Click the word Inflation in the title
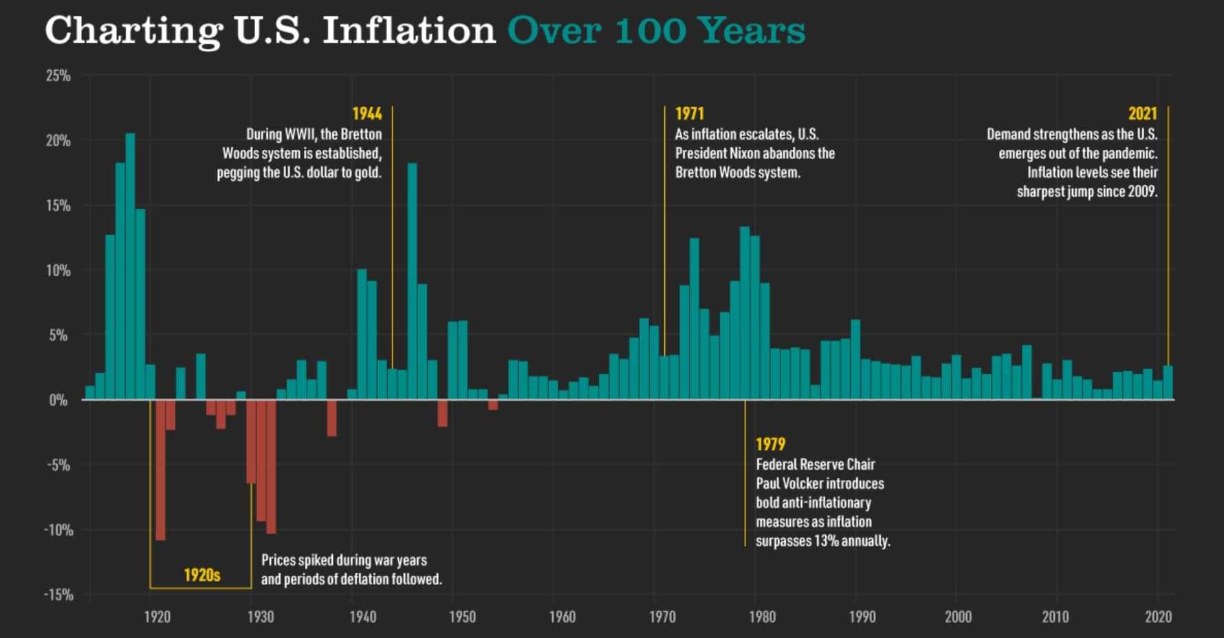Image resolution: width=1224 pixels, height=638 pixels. pos(408,31)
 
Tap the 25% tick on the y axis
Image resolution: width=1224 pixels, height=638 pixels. pos(58,76)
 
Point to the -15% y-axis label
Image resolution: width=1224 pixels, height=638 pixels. pos(58,595)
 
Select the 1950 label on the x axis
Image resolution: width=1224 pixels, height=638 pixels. pos(462,617)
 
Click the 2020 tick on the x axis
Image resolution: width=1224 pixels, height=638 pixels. pos(1158,617)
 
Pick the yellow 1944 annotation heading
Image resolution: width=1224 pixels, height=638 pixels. pos(367,114)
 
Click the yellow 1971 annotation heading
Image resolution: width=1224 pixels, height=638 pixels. pos(689,114)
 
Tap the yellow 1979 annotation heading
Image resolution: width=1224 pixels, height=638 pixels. pos(770,445)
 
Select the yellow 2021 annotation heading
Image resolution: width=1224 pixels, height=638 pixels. pos(1142,114)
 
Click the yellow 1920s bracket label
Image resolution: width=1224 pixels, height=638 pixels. pos(201,575)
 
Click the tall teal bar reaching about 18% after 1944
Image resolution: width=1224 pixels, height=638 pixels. pos(412,282)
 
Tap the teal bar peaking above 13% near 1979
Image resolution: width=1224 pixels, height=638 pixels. pos(745,313)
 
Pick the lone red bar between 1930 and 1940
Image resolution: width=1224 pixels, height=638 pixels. pos(331,417)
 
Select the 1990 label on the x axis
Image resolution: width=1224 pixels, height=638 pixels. pos(862,617)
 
